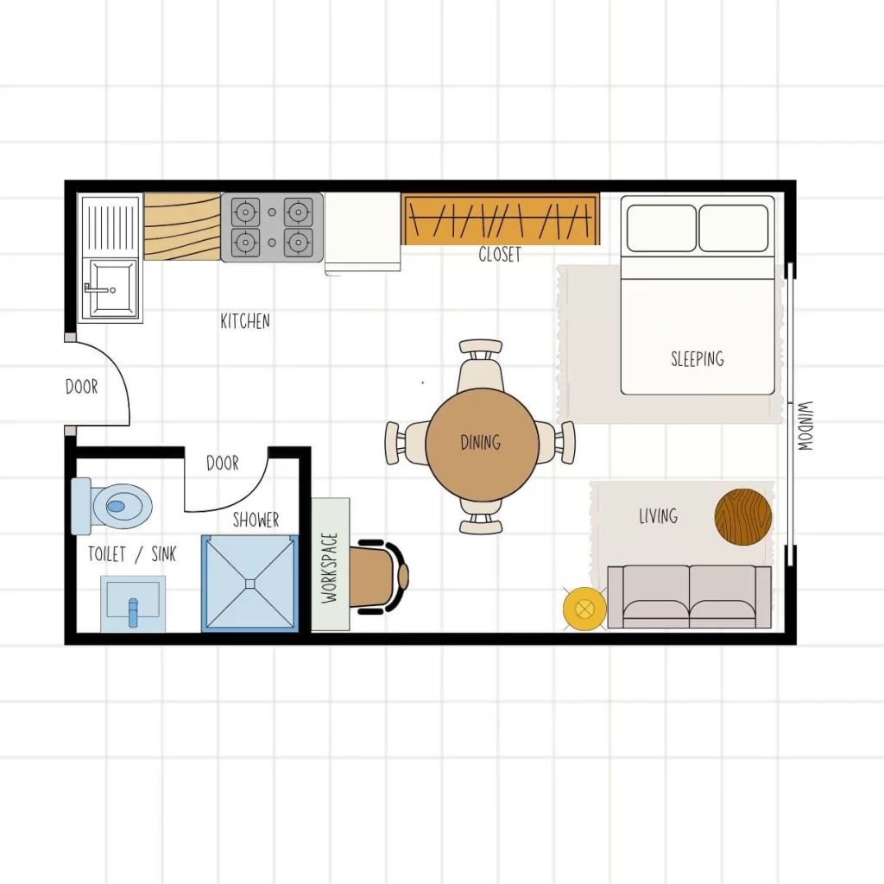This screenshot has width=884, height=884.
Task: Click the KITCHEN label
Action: point(245,321)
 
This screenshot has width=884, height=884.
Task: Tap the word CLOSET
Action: point(500,255)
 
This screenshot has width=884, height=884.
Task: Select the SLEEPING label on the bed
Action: point(698,358)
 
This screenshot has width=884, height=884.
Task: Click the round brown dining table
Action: point(482,444)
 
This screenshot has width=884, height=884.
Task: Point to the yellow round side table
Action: point(584,608)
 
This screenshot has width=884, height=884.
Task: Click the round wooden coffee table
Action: point(743,517)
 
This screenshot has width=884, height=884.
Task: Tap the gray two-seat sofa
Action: point(689,597)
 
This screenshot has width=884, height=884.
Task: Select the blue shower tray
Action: point(249,583)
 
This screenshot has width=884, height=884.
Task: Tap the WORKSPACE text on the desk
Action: point(330,565)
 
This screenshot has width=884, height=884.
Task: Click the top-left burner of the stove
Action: point(246,212)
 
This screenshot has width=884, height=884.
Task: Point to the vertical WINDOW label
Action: point(805,426)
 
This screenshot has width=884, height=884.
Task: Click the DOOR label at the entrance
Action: point(82,387)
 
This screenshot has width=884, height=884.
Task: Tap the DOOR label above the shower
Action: point(222,464)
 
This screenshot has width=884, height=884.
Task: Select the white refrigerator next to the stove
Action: point(363,230)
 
